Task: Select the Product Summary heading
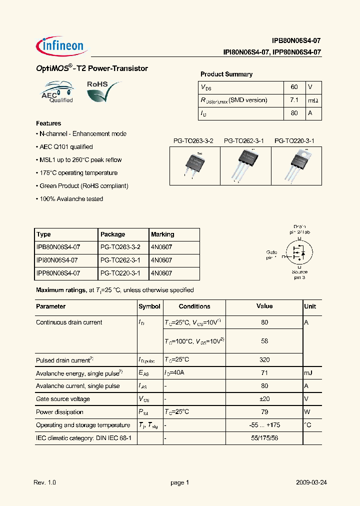[226, 74]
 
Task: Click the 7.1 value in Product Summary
[294, 100]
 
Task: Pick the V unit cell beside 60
[310, 87]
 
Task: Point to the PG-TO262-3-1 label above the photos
[243, 141]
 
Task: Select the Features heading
[48, 123]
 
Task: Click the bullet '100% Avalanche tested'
[70, 199]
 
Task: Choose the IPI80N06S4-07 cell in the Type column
[58, 260]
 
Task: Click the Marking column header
[162, 234]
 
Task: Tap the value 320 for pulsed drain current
[264, 360]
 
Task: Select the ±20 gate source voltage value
[264, 399]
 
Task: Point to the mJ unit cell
[310, 373]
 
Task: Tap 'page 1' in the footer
[179, 482]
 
